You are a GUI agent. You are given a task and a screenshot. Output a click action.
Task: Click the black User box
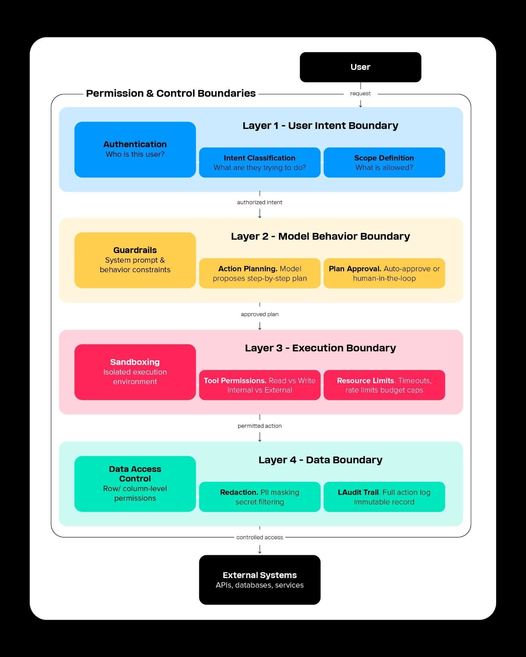pyautogui.click(x=360, y=67)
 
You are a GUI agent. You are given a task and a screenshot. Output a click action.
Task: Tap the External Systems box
pyautogui.click(x=260, y=580)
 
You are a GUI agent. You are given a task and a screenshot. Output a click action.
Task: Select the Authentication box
pyautogui.click(x=135, y=149)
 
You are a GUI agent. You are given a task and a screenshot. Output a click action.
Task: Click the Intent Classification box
pyautogui.click(x=260, y=162)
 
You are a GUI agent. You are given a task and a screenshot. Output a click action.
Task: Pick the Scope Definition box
pyautogui.click(x=384, y=162)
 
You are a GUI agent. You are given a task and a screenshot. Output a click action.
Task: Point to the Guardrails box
pyautogui.click(x=135, y=260)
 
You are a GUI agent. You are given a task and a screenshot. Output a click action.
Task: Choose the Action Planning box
pyautogui.click(x=260, y=273)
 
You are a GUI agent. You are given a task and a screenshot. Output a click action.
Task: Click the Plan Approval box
pyautogui.click(x=384, y=273)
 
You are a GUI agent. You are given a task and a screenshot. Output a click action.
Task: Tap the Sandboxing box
pyautogui.click(x=135, y=372)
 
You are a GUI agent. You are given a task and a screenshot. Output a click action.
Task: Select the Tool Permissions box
pyautogui.click(x=260, y=385)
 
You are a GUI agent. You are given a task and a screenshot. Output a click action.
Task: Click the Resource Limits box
pyautogui.click(x=384, y=385)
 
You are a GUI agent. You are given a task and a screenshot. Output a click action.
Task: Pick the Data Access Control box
pyautogui.click(x=135, y=483)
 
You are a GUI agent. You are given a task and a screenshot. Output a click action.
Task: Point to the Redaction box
pyautogui.click(x=260, y=497)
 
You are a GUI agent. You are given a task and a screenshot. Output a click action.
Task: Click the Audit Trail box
pyautogui.click(x=384, y=497)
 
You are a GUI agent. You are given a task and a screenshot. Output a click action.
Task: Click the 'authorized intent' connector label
pyautogui.click(x=260, y=202)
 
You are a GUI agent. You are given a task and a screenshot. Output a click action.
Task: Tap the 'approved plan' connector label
pyautogui.click(x=260, y=314)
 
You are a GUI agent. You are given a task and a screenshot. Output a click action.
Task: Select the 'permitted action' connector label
pyautogui.click(x=260, y=426)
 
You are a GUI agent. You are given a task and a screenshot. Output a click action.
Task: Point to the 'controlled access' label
pyautogui.click(x=260, y=537)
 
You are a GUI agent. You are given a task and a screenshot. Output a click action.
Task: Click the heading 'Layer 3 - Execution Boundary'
pyautogui.click(x=320, y=348)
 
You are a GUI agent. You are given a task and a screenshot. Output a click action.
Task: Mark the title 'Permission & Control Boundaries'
pyautogui.click(x=171, y=93)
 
